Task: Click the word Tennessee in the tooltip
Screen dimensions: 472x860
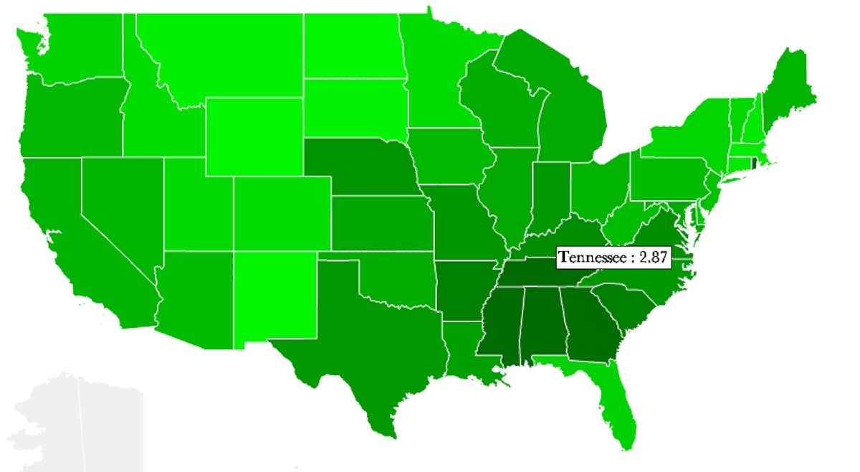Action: [x=593, y=258]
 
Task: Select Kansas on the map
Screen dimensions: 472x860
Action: [x=381, y=222]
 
